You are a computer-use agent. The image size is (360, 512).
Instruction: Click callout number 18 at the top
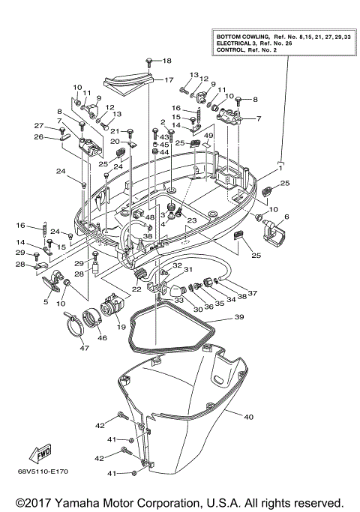(x=166, y=61)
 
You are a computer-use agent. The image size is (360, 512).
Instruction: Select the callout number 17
(x=168, y=80)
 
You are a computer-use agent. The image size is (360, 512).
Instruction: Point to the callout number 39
(x=239, y=318)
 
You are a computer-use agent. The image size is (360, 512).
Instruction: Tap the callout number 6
(x=285, y=217)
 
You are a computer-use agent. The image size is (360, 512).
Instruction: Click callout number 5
(x=46, y=302)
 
